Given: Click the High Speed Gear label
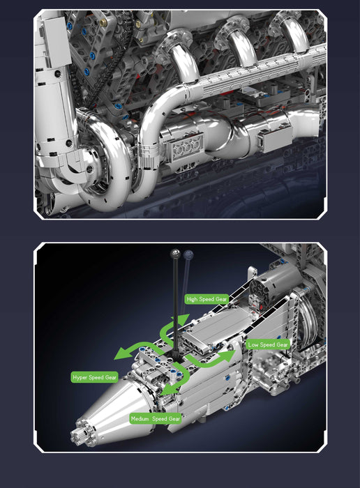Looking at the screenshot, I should (207, 298).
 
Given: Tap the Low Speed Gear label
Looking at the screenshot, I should (267, 344).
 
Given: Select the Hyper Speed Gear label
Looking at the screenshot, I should (94, 377).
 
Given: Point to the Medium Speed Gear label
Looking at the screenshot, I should (156, 419).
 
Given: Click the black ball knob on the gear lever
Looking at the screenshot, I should (174, 254).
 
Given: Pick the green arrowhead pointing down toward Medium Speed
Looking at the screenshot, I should (166, 394).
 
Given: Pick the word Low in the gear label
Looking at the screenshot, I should (253, 344).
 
